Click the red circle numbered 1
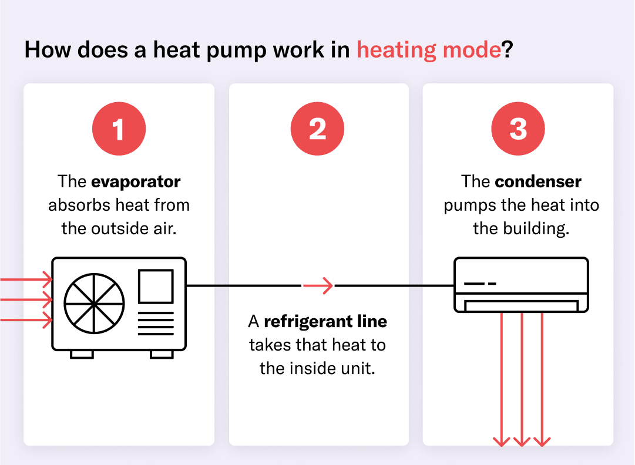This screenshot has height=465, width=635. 119,129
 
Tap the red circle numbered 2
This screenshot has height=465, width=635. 317,129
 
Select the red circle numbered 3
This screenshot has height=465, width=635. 518,129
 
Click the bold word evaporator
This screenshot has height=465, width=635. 136,181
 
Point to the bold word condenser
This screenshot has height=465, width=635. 538,181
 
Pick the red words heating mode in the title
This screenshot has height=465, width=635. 429,50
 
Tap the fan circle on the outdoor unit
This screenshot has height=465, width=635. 94,304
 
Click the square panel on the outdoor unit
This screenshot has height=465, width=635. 156,287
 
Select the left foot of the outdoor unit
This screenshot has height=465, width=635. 82,354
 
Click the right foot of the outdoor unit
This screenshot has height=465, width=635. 162,354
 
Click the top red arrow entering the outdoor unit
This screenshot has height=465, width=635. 26,279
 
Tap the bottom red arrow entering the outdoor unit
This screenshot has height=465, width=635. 26,320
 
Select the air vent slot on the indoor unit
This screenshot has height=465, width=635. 521,306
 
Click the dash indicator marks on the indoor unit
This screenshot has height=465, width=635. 480,284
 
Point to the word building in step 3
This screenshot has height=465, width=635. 536,229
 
